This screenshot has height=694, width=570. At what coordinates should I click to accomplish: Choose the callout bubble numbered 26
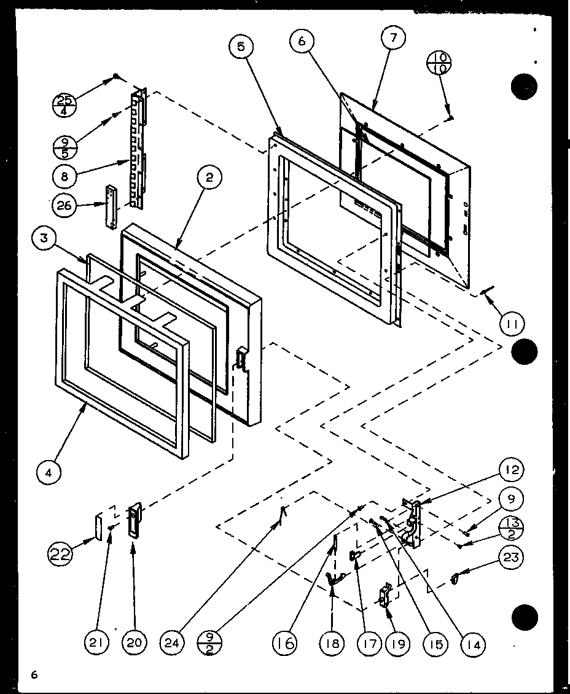tap(65, 205)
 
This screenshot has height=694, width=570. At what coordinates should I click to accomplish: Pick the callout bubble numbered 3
tap(44, 239)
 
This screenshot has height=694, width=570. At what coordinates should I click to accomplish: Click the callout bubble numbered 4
tap(48, 474)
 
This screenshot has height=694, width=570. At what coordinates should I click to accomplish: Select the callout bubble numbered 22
tap(61, 555)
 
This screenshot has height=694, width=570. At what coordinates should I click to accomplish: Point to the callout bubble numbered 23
tap(513, 558)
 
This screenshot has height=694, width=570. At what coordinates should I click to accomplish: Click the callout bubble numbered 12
tap(512, 471)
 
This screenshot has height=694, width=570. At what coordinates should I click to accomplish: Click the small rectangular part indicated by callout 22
tap(98, 526)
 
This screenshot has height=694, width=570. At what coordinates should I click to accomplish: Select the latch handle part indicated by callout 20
tap(135, 520)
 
